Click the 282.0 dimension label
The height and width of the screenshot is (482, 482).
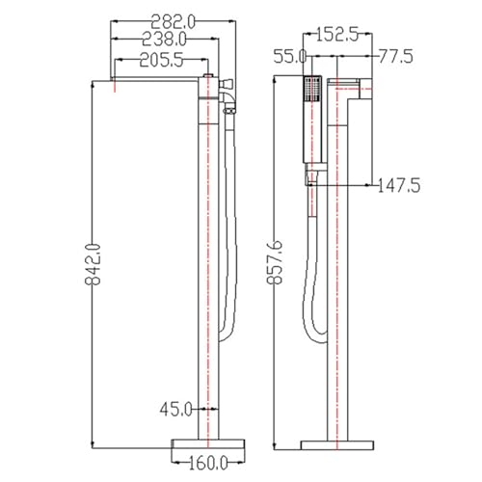(173, 22)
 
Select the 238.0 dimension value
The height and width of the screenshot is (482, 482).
(164, 40)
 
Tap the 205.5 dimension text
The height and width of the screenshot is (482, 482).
(161, 60)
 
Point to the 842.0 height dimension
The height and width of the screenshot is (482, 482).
(93, 264)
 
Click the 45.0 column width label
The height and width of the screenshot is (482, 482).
(175, 409)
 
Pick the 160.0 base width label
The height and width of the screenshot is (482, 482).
(208, 463)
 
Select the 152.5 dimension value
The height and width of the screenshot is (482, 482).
(337, 35)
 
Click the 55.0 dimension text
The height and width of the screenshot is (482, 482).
(290, 57)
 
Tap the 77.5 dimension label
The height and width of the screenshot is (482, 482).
(396, 57)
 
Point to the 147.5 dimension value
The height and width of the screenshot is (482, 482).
(399, 186)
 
